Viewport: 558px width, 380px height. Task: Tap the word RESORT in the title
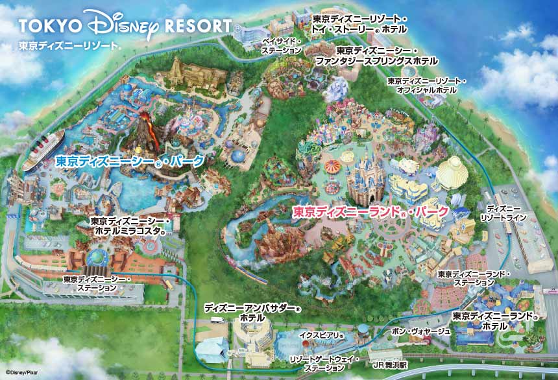click(197, 25)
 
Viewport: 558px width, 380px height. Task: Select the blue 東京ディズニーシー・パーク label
click(130, 161)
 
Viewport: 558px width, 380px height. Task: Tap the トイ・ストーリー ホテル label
click(359, 25)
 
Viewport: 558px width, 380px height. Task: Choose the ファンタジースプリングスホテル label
click(377, 55)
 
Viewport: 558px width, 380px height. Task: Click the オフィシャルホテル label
click(426, 86)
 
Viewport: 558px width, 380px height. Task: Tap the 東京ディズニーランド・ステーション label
click(474, 278)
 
